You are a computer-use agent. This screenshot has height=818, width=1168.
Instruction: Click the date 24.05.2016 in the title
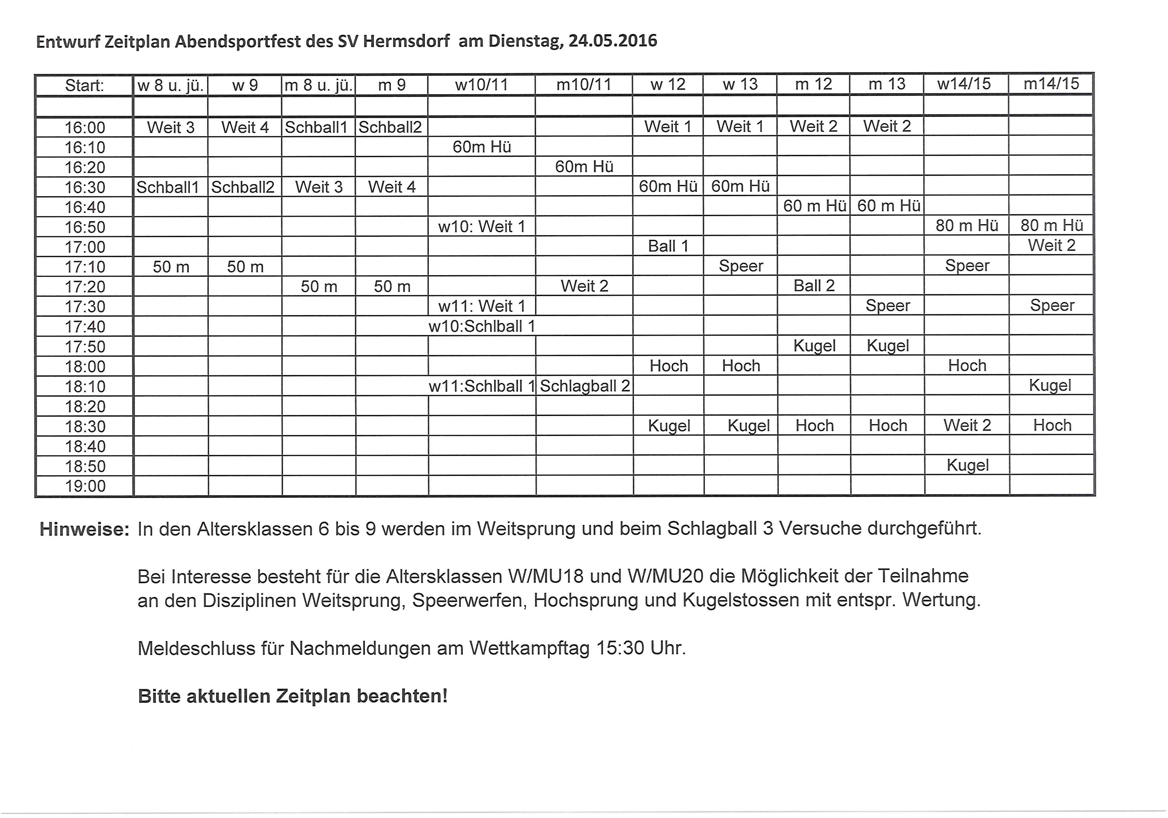(x=613, y=41)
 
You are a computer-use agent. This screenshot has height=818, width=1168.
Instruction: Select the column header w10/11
(x=481, y=85)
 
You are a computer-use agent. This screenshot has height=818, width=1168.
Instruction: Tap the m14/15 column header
(x=1051, y=84)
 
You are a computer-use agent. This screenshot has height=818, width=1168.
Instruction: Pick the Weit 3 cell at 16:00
(x=171, y=127)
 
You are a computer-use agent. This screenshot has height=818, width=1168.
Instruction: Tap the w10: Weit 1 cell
(x=481, y=226)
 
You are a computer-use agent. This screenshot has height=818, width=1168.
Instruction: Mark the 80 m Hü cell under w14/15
(x=967, y=225)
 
